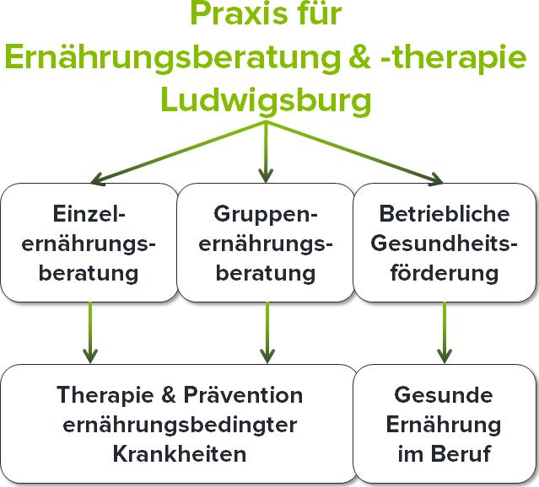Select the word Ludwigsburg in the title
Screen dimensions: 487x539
point(266,99)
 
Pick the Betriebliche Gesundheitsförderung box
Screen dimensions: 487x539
point(446,243)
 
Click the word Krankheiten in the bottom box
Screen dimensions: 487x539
point(179,453)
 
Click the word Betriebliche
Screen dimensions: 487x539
point(446,212)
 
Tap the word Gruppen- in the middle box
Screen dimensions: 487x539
point(266,212)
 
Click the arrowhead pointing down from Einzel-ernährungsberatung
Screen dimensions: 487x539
point(90,354)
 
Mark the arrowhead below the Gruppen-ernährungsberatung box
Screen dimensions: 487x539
point(267,354)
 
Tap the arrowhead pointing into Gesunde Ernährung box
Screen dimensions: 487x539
point(445,354)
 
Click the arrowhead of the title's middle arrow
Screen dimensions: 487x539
point(267,175)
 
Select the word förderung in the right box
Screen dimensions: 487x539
point(446,273)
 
